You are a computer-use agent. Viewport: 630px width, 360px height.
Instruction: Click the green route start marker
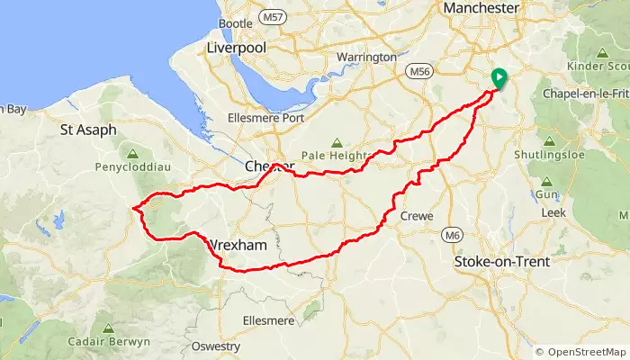499,78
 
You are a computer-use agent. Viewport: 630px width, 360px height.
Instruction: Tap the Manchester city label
482,9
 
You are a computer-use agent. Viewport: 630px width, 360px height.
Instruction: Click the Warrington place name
365,57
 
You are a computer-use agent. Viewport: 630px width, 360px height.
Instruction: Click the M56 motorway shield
419,70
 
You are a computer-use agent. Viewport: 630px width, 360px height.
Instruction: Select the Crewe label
416,216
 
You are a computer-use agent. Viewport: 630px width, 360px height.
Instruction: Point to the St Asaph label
88,130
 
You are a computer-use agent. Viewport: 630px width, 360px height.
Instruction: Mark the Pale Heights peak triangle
337,142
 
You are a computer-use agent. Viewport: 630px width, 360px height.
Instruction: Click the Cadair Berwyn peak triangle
107,328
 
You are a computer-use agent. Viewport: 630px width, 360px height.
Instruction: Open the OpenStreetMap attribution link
586,351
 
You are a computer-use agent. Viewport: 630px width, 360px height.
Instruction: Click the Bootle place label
235,23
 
